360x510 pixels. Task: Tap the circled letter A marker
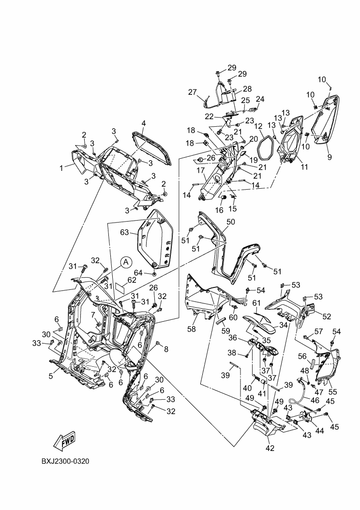pyautogui.click(x=125, y=262)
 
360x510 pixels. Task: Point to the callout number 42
pyautogui.click(x=270, y=448)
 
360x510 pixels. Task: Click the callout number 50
pyautogui.click(x=231, y=222)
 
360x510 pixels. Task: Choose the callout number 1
pyautogui.click(x=61, y=168)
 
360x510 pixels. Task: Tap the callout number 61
pyautogui.click(x=256, y=303)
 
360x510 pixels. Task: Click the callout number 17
pyautogui.click(x=200, y=170)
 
